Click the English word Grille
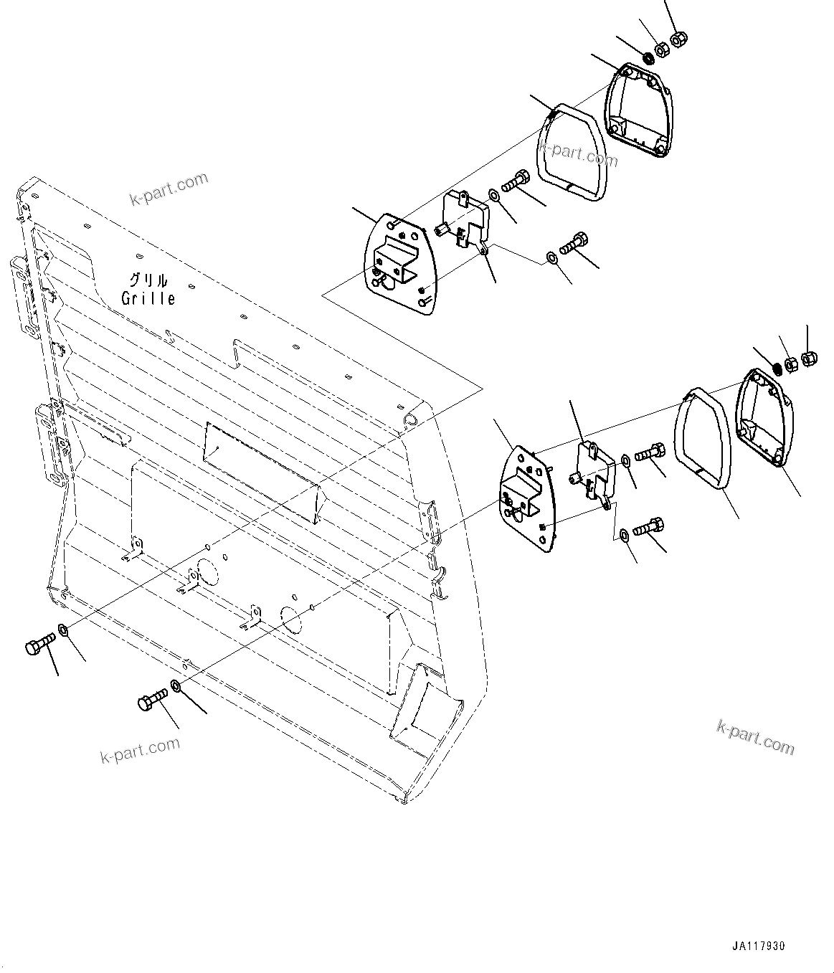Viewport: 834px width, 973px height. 148,298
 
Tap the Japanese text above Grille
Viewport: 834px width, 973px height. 148,280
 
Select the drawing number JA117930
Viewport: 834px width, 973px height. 759,946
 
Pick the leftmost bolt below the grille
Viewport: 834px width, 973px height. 39,643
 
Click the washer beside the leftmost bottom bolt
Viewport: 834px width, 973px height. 62,630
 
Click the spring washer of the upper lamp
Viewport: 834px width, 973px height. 648,56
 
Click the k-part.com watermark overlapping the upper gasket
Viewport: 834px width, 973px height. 578,153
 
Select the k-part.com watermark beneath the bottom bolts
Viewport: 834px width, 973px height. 141,751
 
